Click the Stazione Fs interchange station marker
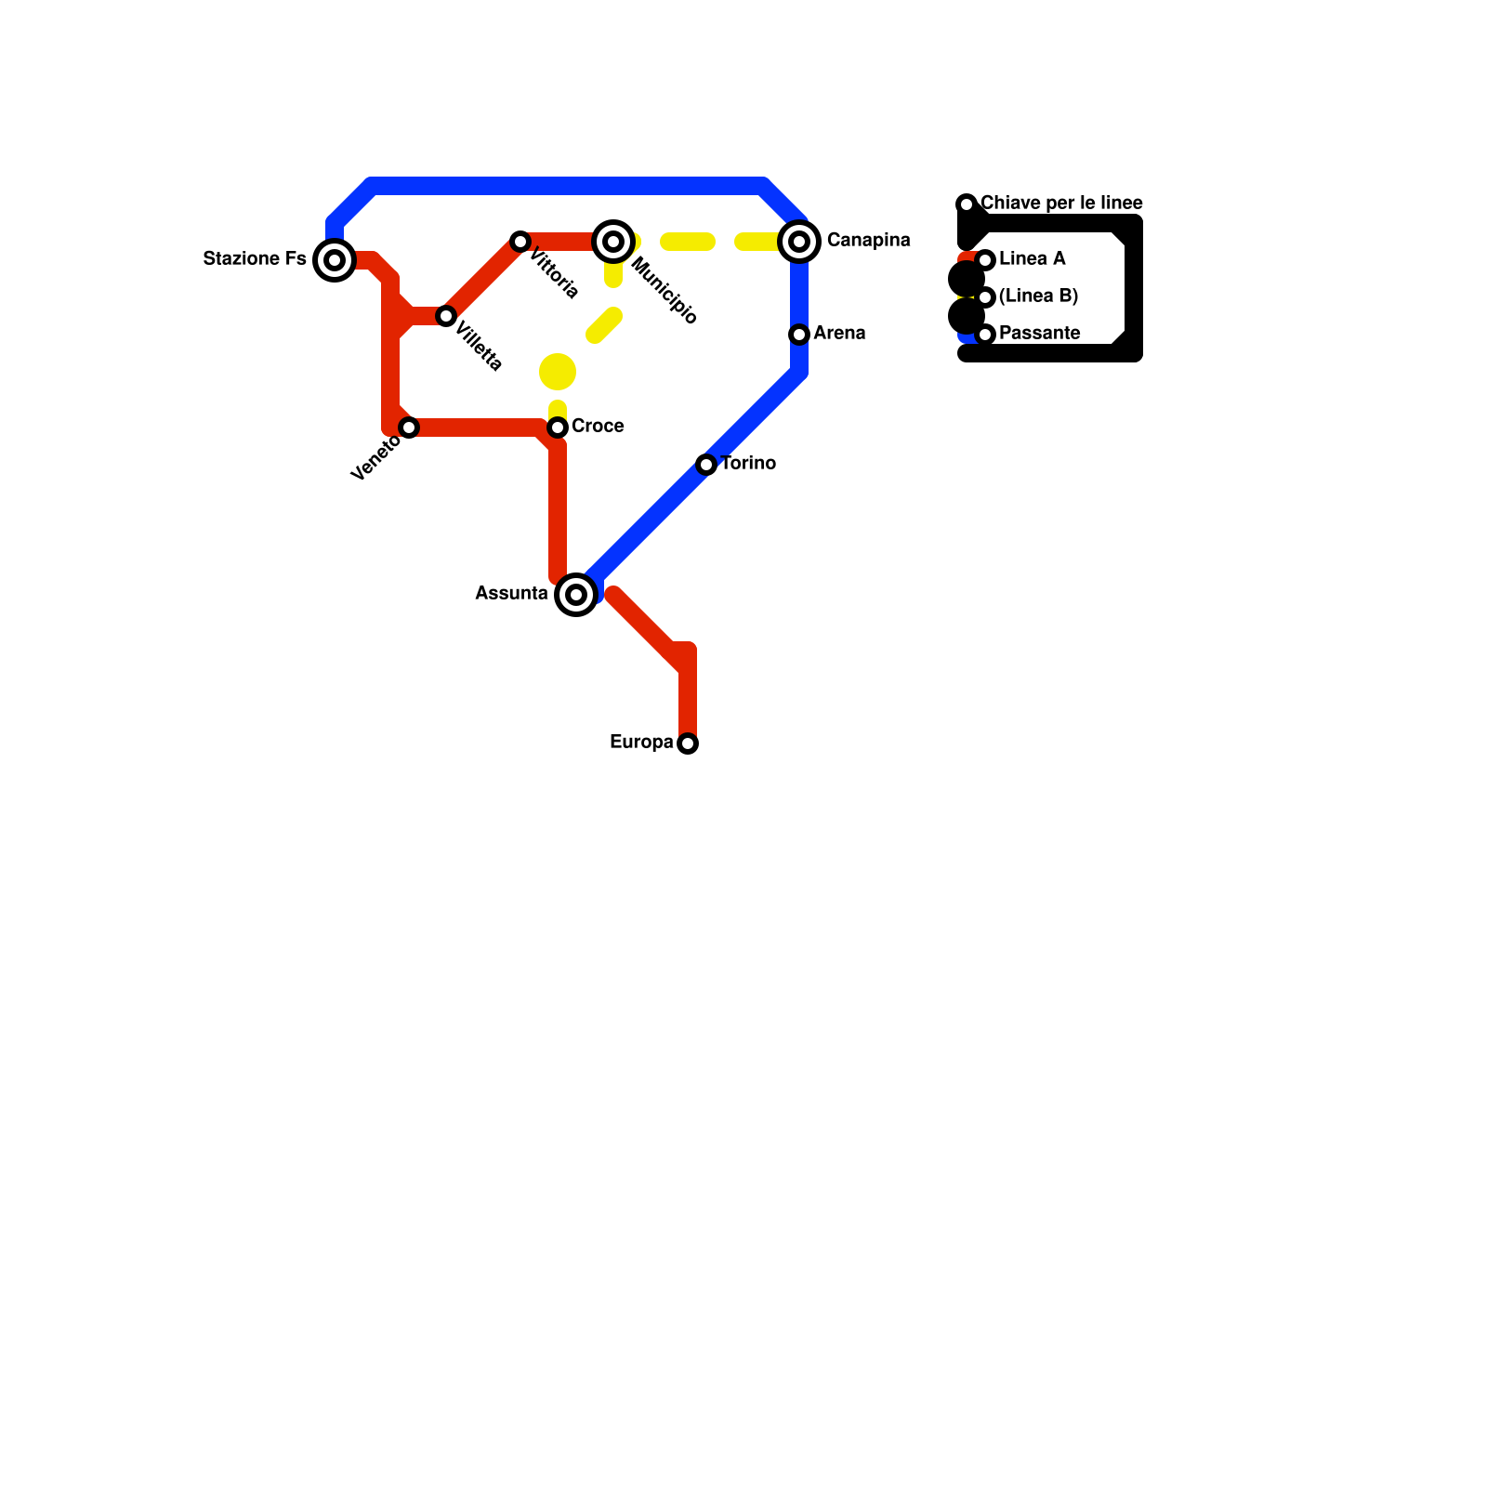click(335, 260)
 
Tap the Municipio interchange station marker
click(613, 242)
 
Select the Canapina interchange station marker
click(799, 242)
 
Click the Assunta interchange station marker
click(576, 595)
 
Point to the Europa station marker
click(688, 743)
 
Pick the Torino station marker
click(706, 465)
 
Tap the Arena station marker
click(799, 335)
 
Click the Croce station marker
click(558, 428)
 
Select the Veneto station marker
click(409, 428)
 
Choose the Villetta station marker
click(446, 316)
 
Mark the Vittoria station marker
click(520, 242)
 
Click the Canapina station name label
click(868, 241)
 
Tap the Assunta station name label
click(511, 594)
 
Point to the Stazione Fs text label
click(255, 259)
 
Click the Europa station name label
click(641, 743)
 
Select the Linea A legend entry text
click(1032, 259)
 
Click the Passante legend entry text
click(1039, 334)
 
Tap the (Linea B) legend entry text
click(1038, 296)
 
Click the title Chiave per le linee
click(1061, 204)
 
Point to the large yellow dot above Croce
click(558, 372)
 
